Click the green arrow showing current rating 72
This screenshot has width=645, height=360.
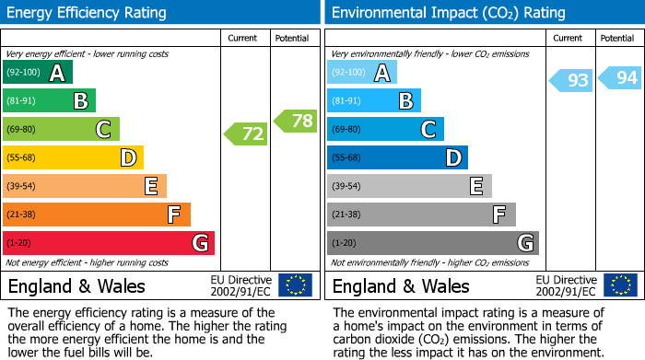[246, 134]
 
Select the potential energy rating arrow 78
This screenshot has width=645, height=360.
[296, 120]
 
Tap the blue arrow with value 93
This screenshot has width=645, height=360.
[571, 80]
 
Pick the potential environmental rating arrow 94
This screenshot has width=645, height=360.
[620, 77]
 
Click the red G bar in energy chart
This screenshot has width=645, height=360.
[109, 243]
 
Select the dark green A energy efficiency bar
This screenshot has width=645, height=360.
[38, 73]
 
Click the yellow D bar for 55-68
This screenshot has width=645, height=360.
[73, 157]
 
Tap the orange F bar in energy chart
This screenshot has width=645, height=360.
[97, 215]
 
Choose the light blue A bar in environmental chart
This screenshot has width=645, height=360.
[362, 73]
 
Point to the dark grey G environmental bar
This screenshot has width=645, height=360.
[432, 243]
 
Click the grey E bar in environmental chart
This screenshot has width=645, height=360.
[408, 186]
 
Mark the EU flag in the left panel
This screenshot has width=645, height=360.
[295, 285]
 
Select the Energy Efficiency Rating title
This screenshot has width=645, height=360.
[88, 13]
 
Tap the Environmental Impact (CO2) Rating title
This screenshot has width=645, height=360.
[447, 13]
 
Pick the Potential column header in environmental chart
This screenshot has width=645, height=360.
[617, 38]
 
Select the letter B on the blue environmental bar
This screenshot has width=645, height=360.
[405, 101]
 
